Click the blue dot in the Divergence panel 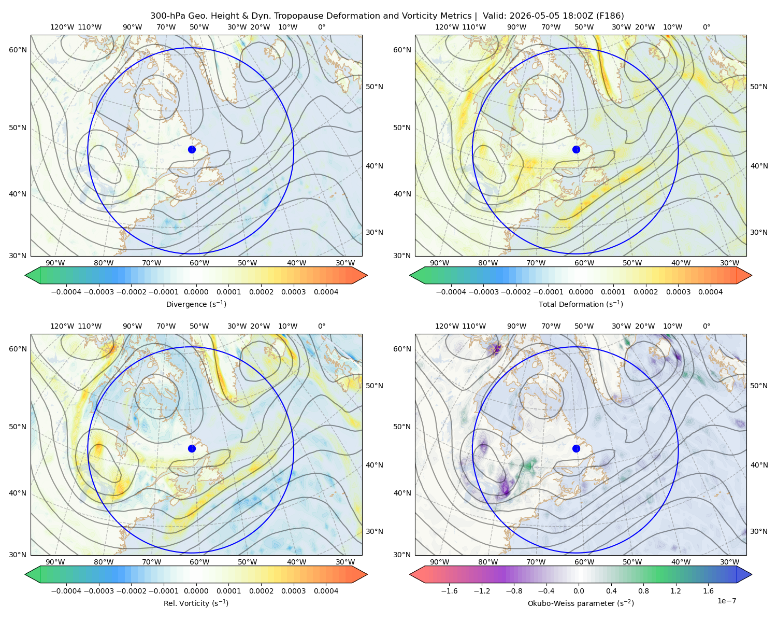192,149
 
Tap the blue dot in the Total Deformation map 576,149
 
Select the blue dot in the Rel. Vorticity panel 192,448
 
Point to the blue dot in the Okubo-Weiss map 576,448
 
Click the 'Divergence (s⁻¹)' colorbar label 196,304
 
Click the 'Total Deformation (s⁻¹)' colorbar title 581,304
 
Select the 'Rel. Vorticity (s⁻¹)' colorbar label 196,603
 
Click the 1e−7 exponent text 726,601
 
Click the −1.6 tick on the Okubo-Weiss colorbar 449,590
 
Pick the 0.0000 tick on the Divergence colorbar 196,292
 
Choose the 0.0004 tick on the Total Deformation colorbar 710,292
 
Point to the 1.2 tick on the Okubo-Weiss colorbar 675,590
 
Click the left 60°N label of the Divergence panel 18,50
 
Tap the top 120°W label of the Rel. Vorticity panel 62,326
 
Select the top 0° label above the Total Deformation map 706,27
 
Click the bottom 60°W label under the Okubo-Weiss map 584,562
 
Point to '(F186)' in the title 610,16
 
